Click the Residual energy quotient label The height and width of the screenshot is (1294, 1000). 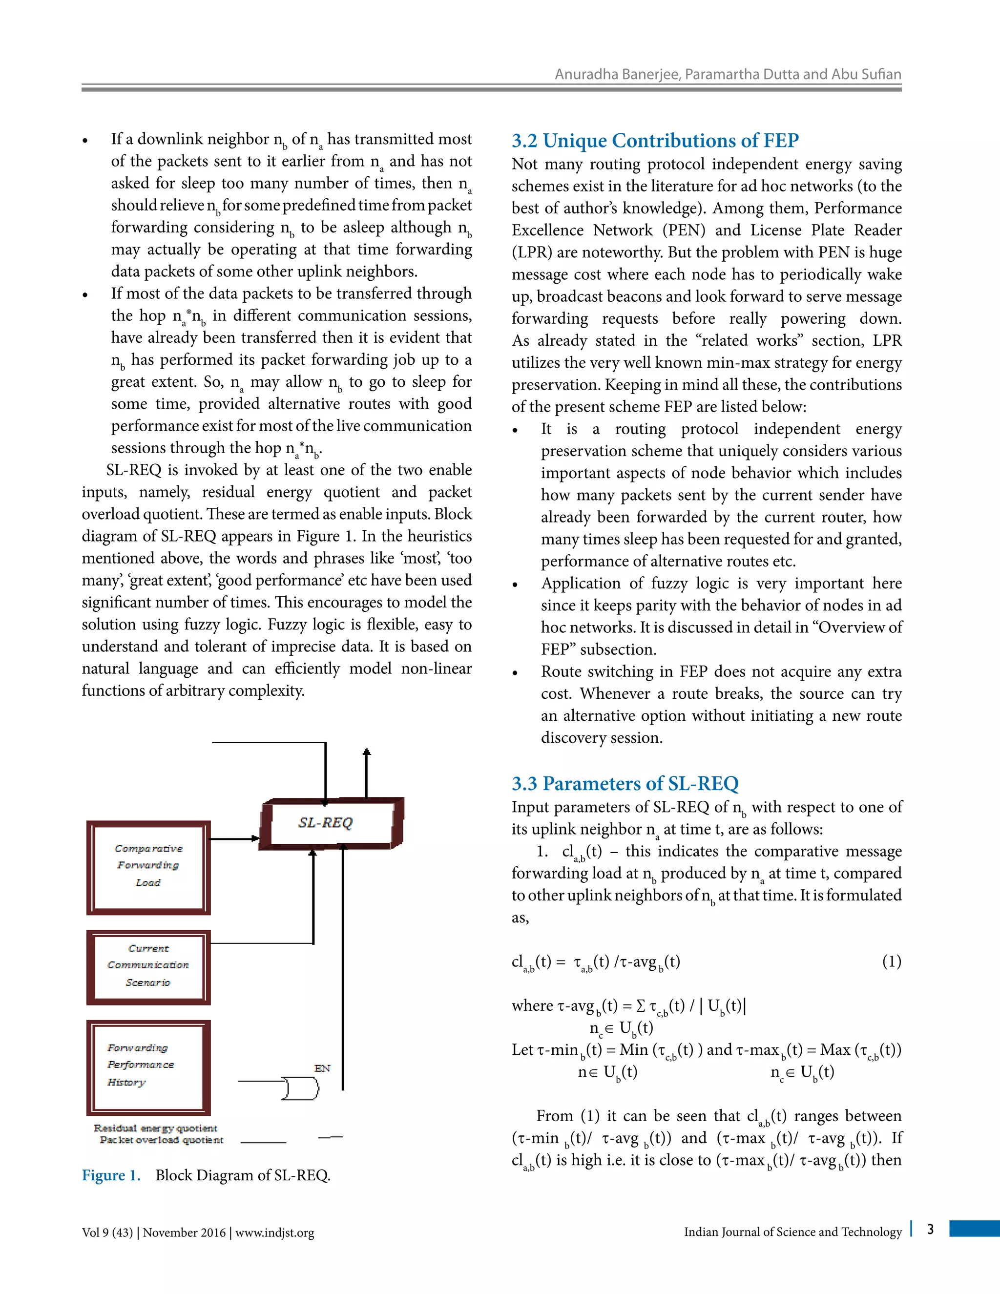point(155,1128)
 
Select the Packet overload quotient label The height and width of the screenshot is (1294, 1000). point(162,1140)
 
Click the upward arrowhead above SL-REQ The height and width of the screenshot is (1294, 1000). point(367,752)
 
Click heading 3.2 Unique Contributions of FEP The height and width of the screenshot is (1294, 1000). point(655,141)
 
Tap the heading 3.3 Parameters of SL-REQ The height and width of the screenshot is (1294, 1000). point(625,783)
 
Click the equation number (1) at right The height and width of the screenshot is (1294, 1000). point(891,961)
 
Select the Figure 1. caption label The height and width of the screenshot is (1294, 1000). point(111,1175)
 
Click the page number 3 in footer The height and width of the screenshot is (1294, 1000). point(930,1230)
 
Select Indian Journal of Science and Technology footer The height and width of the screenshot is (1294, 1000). point(792,1232)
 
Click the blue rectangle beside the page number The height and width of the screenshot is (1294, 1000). point(974,1228)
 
